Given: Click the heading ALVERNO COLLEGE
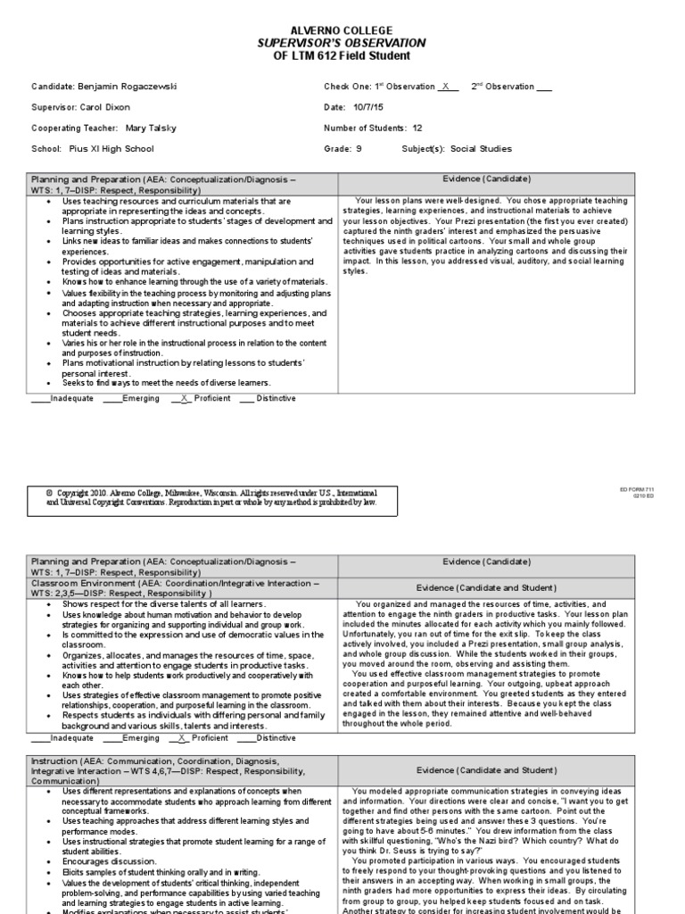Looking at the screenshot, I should [x=342, y=30].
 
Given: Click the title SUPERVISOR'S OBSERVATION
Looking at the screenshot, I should [x=342, y=43].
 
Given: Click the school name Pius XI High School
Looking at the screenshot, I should [x=111, y=149].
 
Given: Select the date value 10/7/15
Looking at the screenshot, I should [x=369, y=107].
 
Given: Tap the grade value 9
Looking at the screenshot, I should [x=358, y=149].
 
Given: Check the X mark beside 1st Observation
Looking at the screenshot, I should [x=444, y=87].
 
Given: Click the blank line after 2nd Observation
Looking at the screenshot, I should [x=545, y=87].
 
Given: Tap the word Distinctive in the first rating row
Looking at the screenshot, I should [x=276, y=398].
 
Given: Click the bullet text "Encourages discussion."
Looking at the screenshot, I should [x=109, y=861].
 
